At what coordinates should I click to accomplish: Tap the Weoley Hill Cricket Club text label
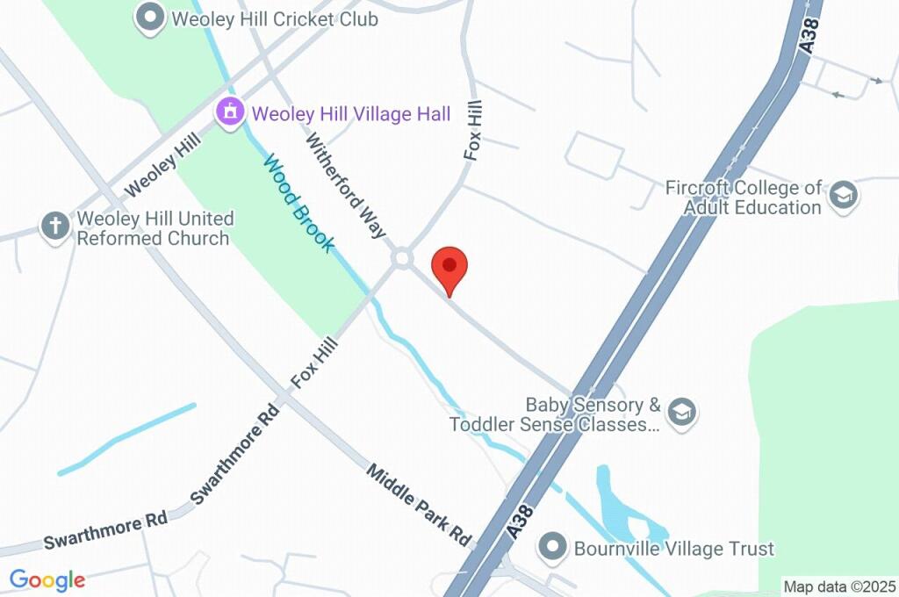tap(275, 18)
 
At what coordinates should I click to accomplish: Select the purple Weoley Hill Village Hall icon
tap(230, 113)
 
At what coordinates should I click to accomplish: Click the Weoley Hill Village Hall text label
tap(351, 114)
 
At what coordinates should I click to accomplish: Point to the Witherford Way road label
tap(346, 185)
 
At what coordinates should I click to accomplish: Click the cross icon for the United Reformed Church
tap(55, 227)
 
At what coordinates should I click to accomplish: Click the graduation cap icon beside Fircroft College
tap(844, 196)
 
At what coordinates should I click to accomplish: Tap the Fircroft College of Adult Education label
tap(744, 198)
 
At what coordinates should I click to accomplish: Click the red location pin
tap(450, 268)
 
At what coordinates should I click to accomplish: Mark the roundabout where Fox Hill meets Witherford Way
tap(403, 258)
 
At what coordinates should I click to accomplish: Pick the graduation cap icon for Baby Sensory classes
tap(681, 411)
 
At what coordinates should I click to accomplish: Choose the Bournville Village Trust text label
tap(674, 550)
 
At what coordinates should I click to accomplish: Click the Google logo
tap(47, 580)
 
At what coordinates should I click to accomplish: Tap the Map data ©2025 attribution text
tap(839, 586)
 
